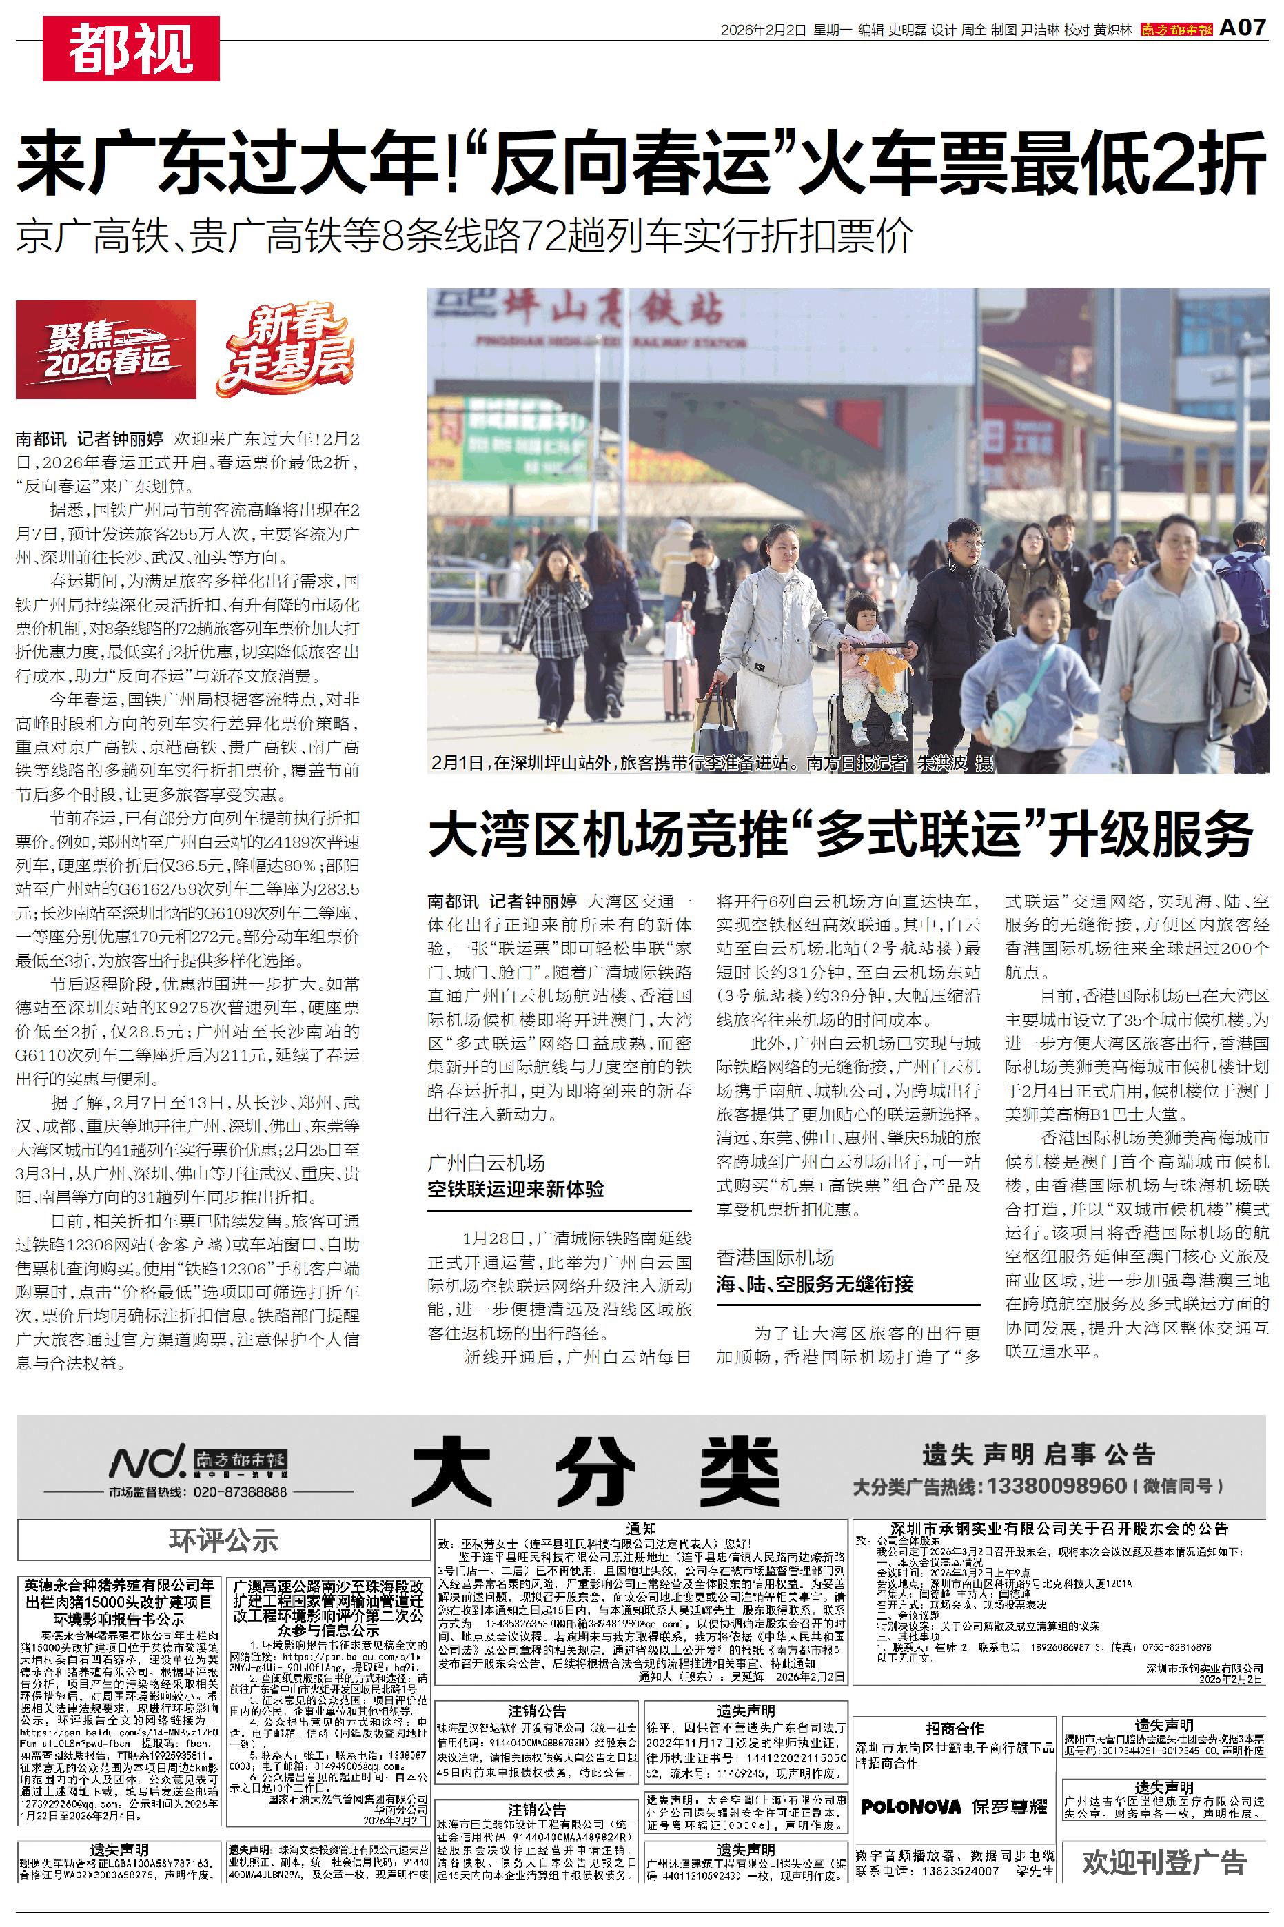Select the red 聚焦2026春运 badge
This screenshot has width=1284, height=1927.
point(106,349)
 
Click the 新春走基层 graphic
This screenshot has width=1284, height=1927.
point(285,349)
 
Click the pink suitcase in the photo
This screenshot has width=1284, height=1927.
point(680,688)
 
